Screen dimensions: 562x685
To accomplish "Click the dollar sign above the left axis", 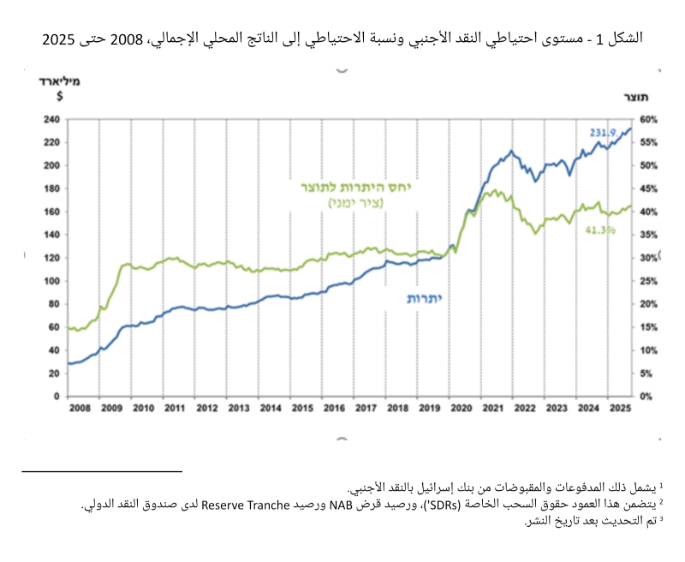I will pos(58,95).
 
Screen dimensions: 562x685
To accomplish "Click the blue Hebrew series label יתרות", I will pos(425,298).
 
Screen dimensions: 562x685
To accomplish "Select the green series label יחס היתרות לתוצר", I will pos(354,188).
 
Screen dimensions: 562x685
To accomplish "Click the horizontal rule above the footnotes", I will pos(103,470).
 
